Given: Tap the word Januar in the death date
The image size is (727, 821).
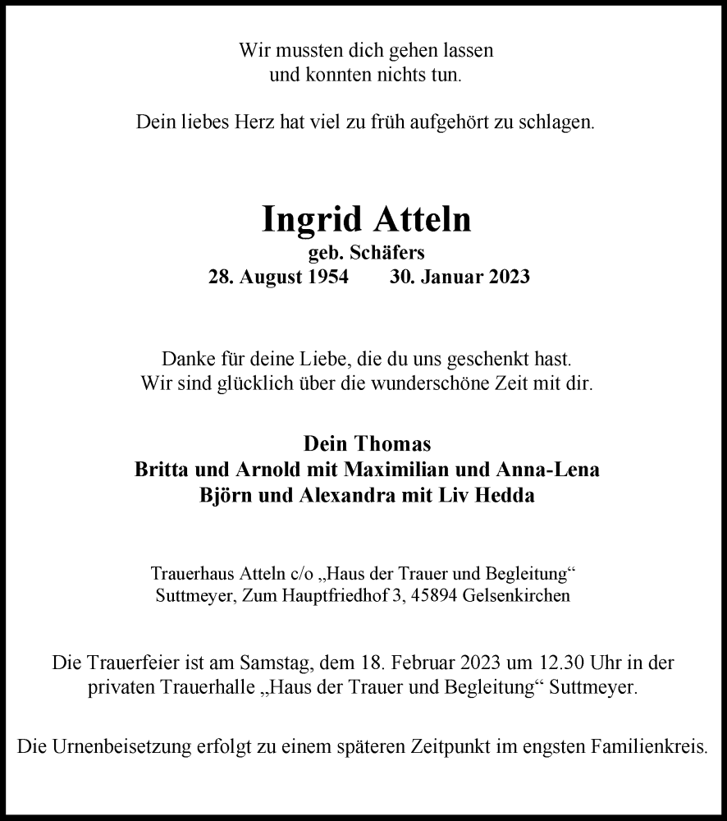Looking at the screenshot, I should pos(450,277).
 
